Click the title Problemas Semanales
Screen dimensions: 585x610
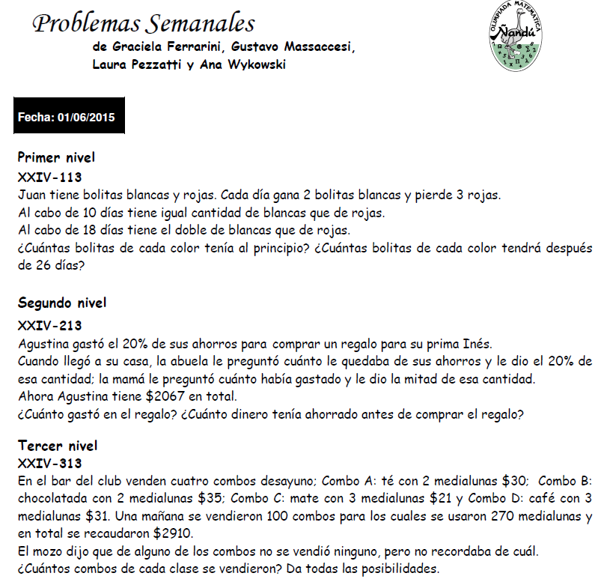click(x=144, y=24)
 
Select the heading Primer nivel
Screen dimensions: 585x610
click(x=56, y=158)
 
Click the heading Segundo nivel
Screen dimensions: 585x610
click(x=62, y=303)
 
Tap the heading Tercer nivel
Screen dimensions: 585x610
click(x=58, y=446)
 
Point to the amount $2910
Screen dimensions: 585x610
click(x=173, y=534)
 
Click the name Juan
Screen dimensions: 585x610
click(x=30, y=195)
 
